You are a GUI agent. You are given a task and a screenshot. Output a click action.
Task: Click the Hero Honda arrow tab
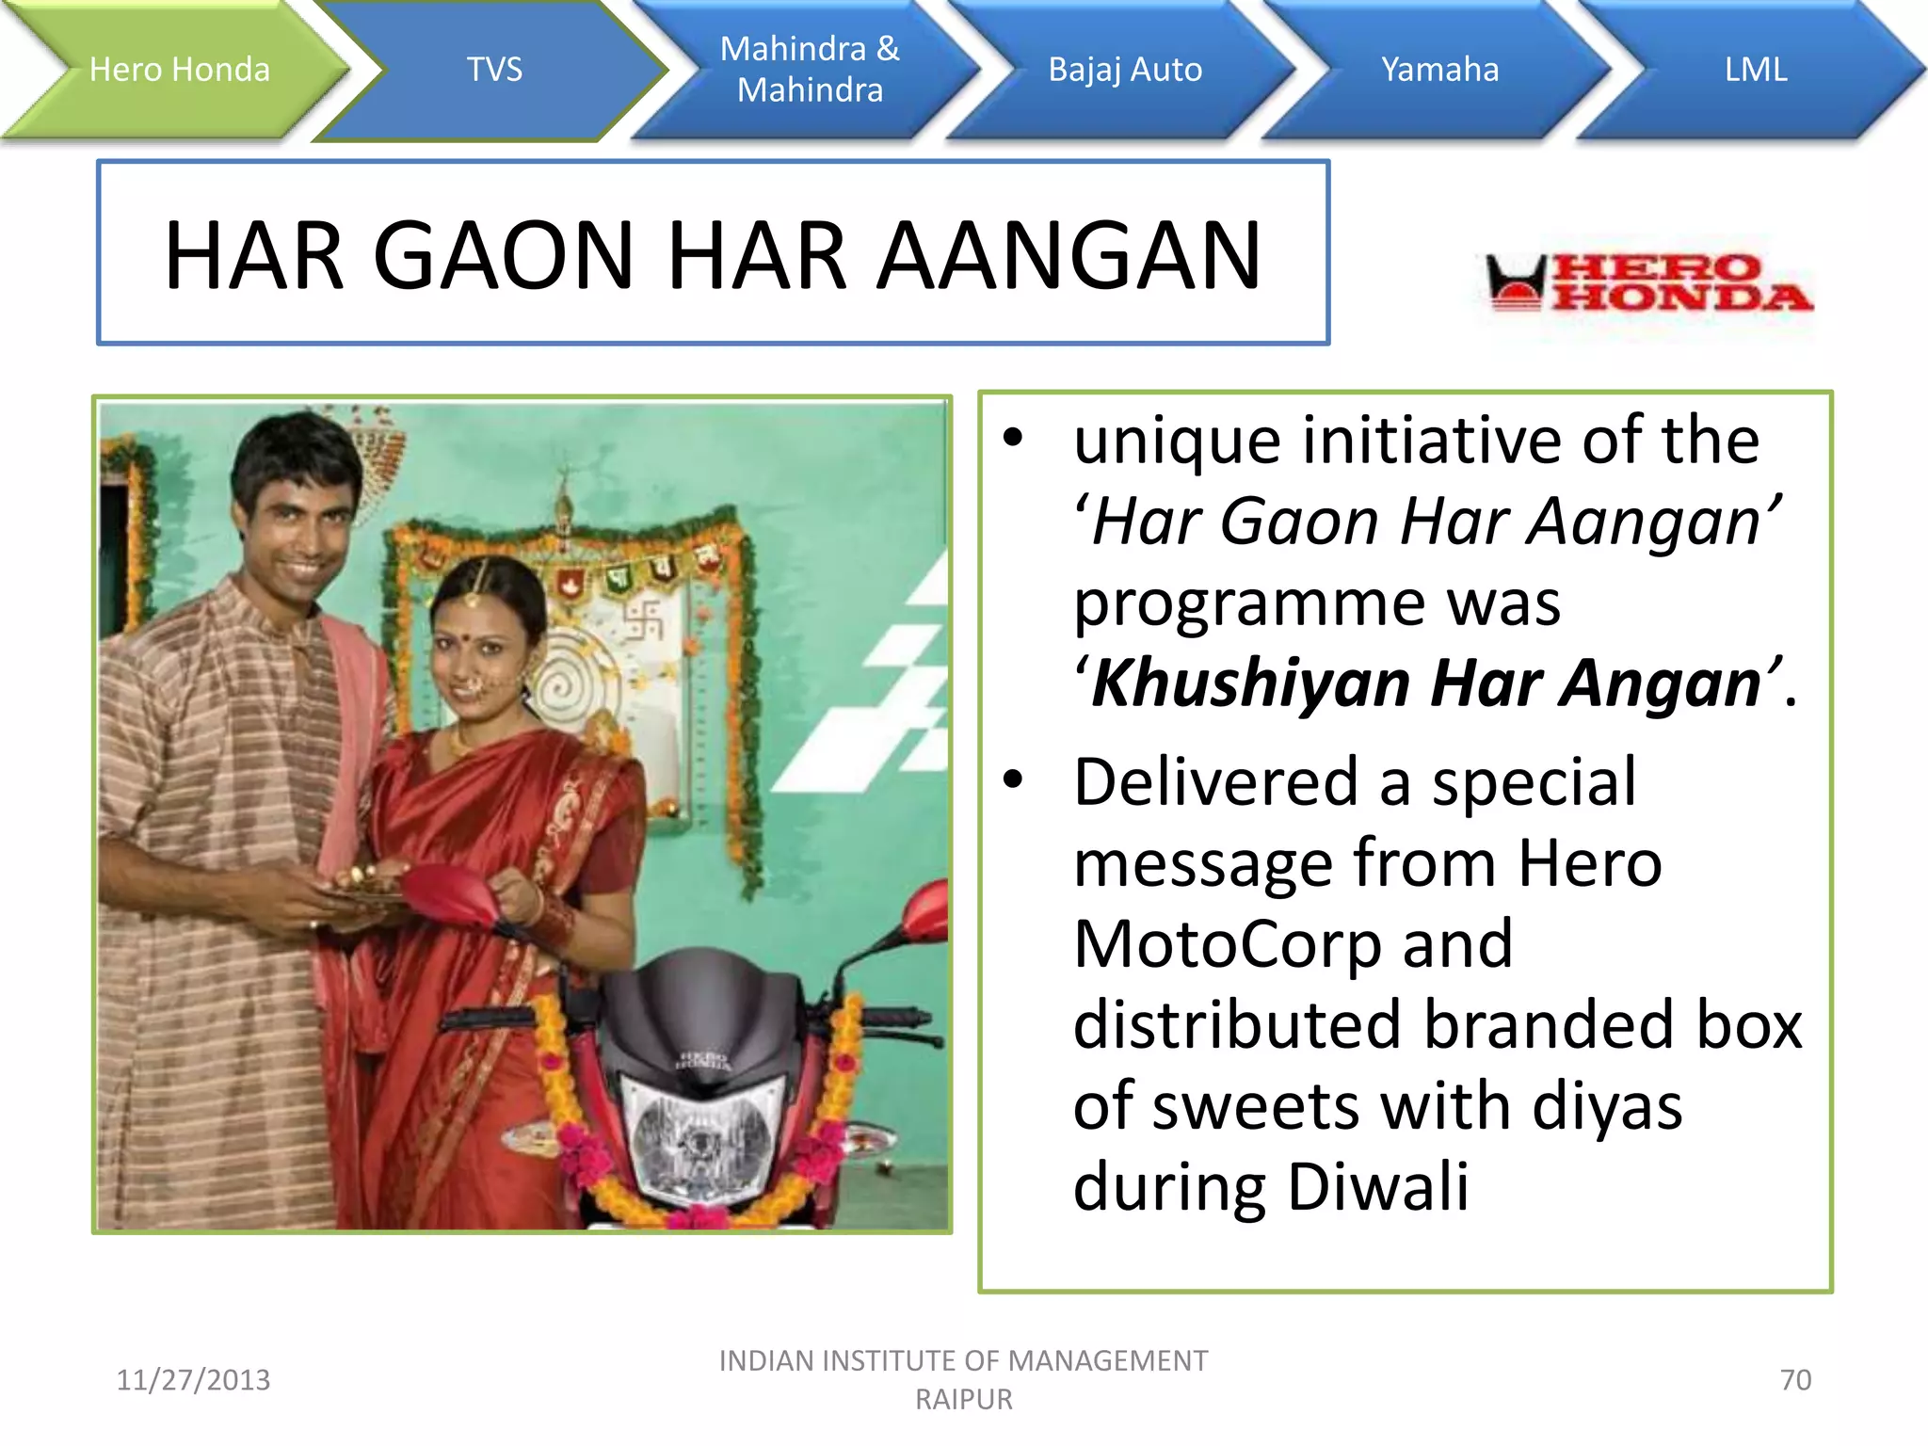179,70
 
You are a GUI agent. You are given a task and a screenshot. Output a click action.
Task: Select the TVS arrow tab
494,70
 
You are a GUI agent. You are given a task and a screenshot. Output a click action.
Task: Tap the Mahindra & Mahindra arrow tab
810,70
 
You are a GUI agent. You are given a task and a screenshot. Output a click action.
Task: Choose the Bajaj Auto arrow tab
1125,70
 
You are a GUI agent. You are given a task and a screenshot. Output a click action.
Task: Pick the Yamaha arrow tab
1439,70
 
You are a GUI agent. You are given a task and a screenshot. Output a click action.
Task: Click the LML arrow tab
1756,70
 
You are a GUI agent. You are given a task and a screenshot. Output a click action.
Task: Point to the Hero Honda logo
1647,282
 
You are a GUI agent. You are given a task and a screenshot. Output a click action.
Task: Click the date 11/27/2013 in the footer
193,1380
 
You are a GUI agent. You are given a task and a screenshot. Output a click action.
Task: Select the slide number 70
1795,1380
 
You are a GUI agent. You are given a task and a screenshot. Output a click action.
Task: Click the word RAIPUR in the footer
964,1400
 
